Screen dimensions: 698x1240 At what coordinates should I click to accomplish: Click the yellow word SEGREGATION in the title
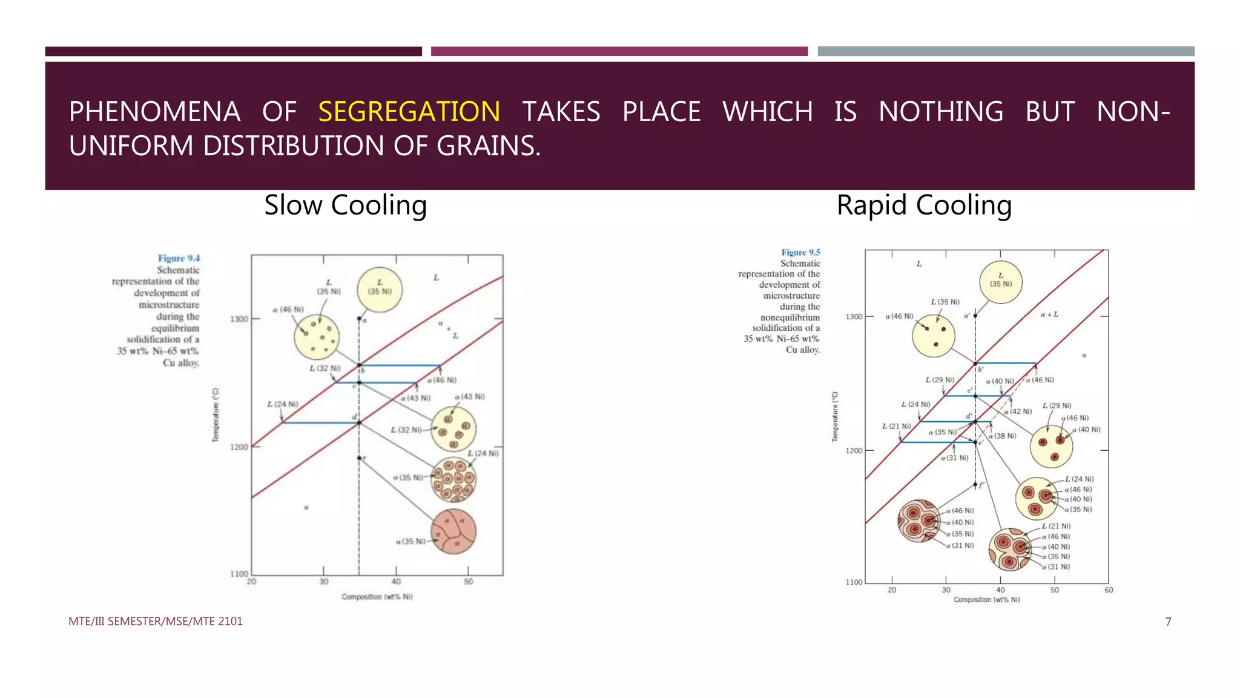coord(409,112)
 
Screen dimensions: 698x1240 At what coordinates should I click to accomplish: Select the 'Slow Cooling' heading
coord(345,205)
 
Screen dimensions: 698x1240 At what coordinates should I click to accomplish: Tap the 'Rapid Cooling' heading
coord(924,205)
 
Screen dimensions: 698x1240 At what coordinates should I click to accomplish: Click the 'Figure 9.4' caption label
coord(179,258)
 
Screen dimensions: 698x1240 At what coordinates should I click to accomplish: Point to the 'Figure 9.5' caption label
coord(800,253)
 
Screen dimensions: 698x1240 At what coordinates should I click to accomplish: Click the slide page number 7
coord(1168,622)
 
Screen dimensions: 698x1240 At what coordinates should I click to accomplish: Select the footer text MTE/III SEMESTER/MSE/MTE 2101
coord(156,622)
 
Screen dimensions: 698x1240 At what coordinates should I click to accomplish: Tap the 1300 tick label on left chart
coord(239,319)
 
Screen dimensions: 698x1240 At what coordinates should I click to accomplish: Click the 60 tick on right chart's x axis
coord(1109,590)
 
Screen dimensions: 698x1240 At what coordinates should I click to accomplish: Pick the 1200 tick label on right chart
coord(854,451)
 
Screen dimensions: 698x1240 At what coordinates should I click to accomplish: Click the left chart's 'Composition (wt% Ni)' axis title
coord(377,597)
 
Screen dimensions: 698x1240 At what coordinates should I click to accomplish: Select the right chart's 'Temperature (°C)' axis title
coord(835,417)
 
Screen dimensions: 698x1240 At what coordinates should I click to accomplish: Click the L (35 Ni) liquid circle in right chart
coord(1001,282)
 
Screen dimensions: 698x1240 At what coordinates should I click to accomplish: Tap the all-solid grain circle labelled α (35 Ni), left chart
coord(453,532)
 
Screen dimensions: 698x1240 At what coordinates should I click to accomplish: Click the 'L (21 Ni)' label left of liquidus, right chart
coord(896,427)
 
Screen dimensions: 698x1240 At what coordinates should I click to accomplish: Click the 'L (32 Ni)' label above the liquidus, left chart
coord(325,368)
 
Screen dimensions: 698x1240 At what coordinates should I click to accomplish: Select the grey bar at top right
coord(1006,52)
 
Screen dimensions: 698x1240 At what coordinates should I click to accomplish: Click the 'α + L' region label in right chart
coord(1049,314)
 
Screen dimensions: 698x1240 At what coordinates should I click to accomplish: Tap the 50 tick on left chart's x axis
coord(468,582)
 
